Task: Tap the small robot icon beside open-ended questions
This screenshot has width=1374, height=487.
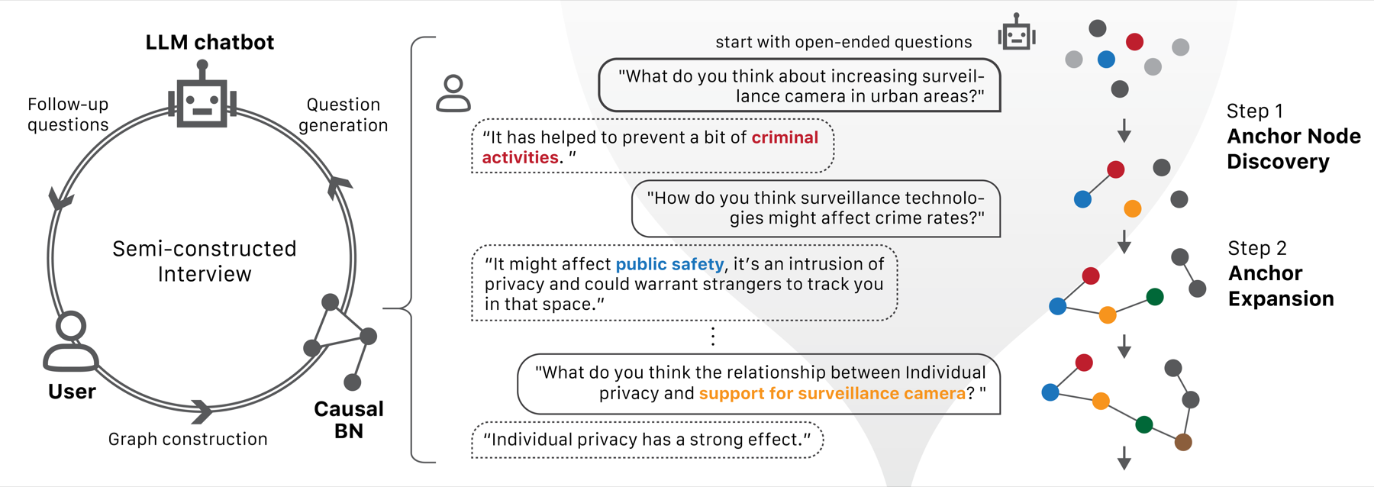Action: point(1017,32)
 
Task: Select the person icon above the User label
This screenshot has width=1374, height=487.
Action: point(71,341)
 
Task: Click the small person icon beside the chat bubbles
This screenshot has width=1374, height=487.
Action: point(453,94)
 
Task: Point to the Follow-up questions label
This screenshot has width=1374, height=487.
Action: point(68,114)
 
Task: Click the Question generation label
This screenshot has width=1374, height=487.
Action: point(343,114)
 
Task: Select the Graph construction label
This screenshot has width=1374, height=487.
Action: point(188,439)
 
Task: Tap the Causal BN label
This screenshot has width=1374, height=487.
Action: point(349,420)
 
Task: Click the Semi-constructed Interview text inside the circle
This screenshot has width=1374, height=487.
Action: point(205,261)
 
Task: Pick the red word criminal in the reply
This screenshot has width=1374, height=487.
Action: point(785,137)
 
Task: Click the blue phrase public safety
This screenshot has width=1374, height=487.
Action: point(669,264)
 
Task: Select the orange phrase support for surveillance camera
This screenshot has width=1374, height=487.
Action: point(832,393)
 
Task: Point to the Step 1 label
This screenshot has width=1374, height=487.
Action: point(1255,111)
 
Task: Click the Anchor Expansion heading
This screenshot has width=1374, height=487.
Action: point(1281,285)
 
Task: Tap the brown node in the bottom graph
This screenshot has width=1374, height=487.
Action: point(1183,442)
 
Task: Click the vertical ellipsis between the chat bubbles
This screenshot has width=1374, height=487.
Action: point(713,337)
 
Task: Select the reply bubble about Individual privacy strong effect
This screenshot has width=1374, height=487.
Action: point(647,440)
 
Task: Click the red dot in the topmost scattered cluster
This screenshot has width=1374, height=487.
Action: point(1134,41)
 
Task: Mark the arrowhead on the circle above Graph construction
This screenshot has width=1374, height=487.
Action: point(202,411)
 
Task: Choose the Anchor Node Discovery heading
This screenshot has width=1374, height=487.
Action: point(1294,149)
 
